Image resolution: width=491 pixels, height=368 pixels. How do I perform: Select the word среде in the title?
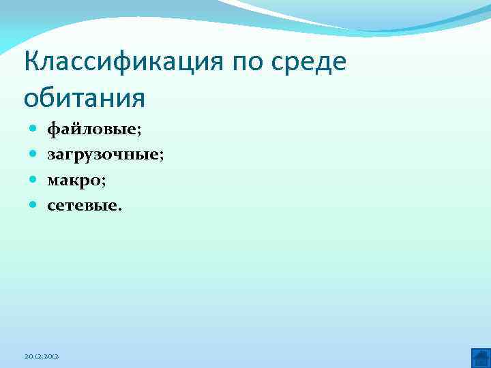(x=312, y=63)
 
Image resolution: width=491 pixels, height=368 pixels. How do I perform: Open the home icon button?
(x=481, y=357)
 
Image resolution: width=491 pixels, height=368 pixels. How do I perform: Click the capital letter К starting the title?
(x=31, y=63)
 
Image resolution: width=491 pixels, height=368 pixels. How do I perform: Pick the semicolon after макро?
(x=103, y=181)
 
